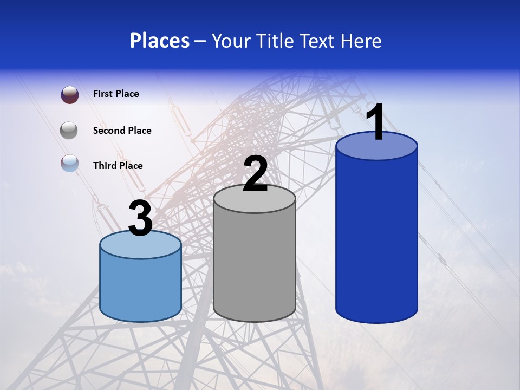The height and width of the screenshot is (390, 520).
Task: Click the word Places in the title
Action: pyautogui.click(x=159, y=41)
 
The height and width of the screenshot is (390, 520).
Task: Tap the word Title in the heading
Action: pyautogui.click(x=274, y=41)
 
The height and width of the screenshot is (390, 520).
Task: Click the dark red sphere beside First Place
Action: pyautogui.click(x=69, y=95)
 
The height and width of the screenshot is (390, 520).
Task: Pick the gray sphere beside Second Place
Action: pyautogui.click(x=69, y=131)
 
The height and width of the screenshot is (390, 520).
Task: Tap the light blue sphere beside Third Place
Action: pyautogui.click(x=69, y=163)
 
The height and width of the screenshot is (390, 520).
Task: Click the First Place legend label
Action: pyautogui.click(x=116, y=94)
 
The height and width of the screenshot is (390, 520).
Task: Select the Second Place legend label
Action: pyautogui.click(x=122, y=131)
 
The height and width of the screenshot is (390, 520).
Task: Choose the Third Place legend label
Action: pyautogui.click(x=118, y=166)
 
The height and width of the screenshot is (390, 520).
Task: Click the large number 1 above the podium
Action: pyautogui.click(x=376, y=122)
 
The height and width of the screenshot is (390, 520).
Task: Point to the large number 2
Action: pyautogui.click(x=255, y=174)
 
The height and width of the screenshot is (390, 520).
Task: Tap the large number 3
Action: pyautogui.click(x=141, y=219)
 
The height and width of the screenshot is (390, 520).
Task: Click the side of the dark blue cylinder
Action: pyautogui.click(x=376, y=238)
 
